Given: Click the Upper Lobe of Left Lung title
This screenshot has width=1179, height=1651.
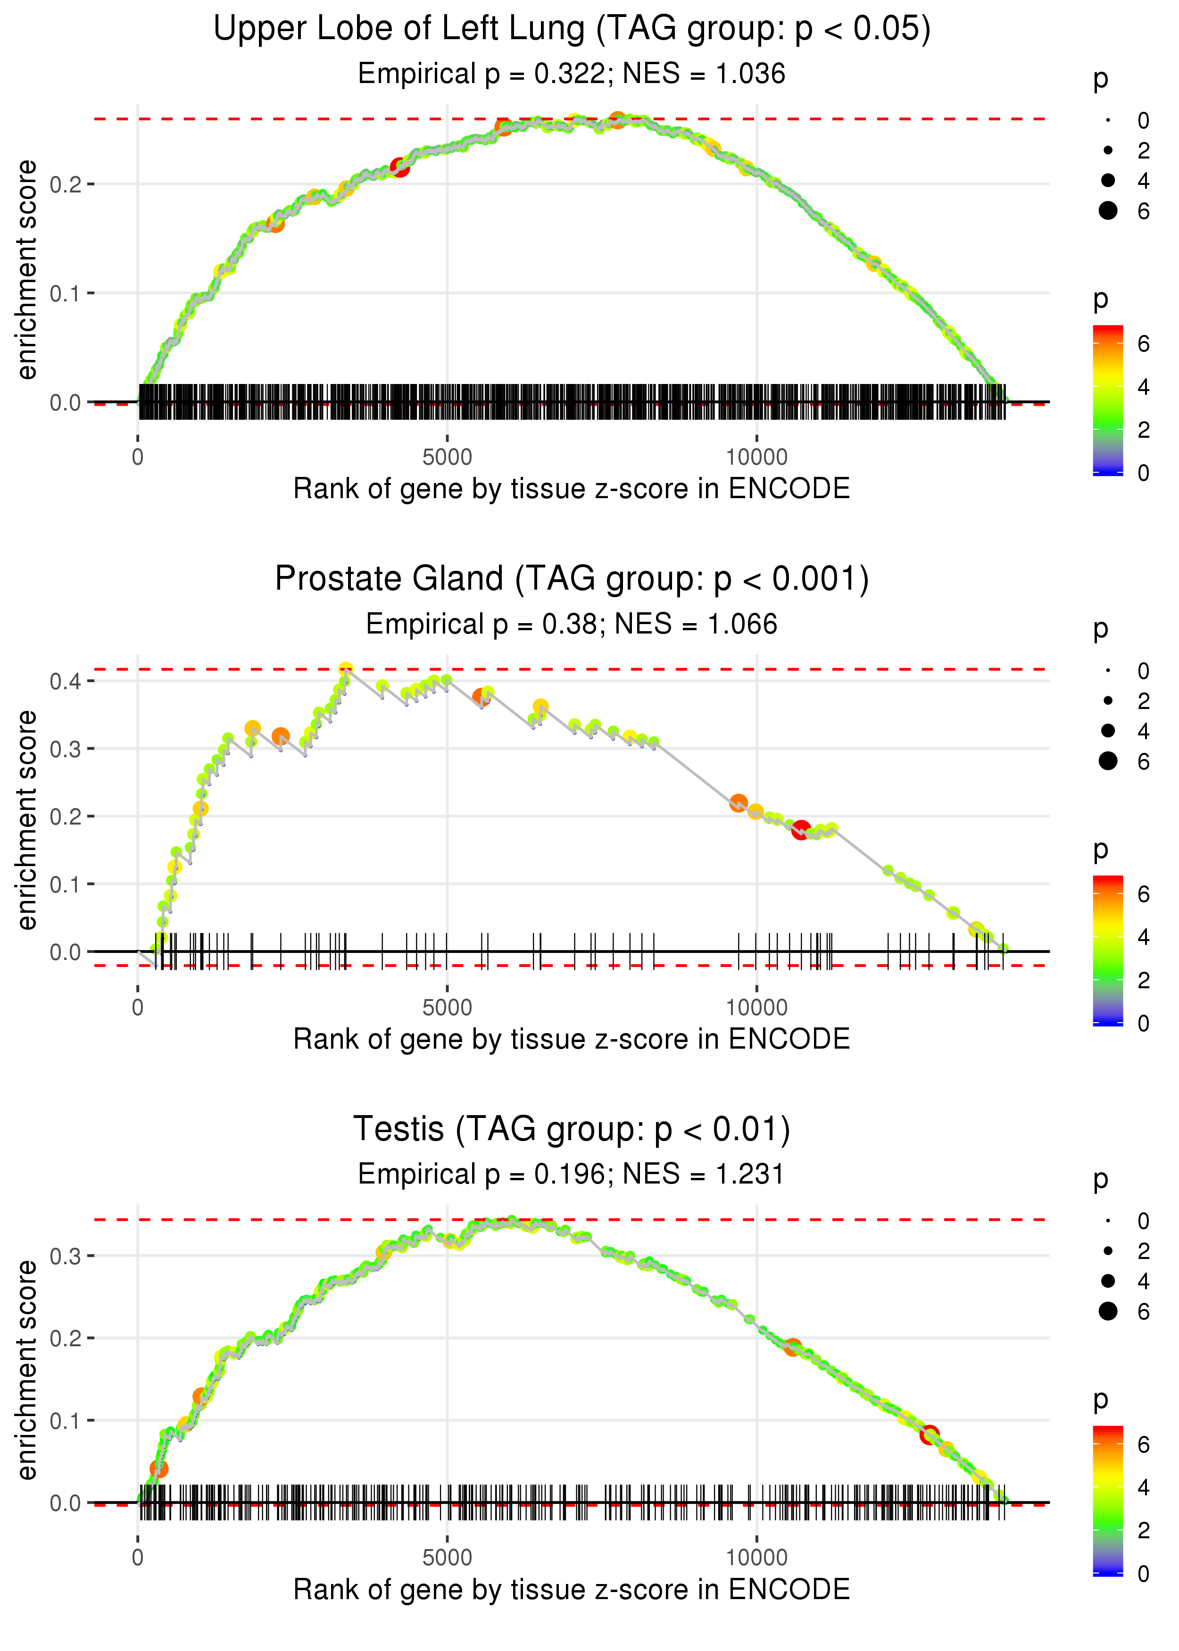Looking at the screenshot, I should [x=572, y=29].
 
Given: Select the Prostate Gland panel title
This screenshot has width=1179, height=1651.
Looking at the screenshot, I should [x=572, y=579].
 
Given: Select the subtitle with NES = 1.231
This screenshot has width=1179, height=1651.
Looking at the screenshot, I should [x=572, y=1174].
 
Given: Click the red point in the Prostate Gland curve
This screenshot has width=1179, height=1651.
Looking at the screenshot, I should [x=801, y=830].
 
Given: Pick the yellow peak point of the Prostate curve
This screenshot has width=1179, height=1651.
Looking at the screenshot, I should [x=346, y=669].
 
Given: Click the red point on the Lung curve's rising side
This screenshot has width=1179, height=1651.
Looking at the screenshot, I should [x=399, y=168].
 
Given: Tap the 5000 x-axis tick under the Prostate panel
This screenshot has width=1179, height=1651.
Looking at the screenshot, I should [x=447, y=1007].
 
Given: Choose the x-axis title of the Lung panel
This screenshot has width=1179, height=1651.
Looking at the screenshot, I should [x=572, y=489].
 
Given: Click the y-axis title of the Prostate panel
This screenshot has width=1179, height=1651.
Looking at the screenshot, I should [x=27, y=820].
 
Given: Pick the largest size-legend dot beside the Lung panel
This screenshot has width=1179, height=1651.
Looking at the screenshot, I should [x=1108, y=210].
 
